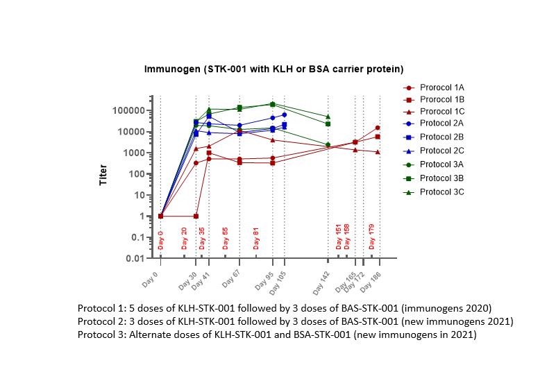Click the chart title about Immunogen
[x=274, y=69]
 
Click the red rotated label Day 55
[x=225, y=237]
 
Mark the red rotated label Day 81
[x=256, y=237]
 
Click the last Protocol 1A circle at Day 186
[x=378, y=128]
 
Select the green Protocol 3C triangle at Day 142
[x=328, y=117]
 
